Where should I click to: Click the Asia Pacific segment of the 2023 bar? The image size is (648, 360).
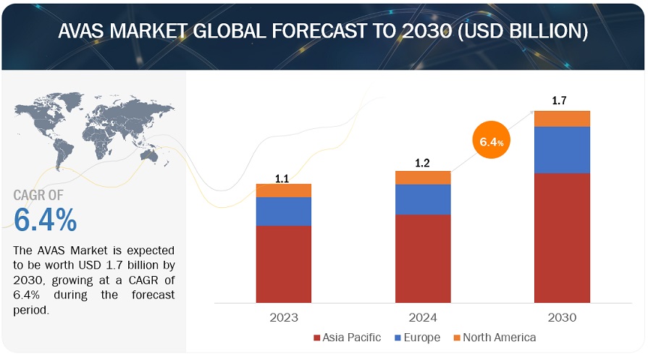coord(284,264)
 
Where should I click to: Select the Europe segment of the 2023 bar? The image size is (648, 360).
coord(284,211)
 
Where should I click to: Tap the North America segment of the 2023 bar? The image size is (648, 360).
coord(284,191)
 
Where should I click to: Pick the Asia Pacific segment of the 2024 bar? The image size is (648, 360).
coord(423,258)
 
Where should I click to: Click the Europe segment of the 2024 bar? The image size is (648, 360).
coord(423,199)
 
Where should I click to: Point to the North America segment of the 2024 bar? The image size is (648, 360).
coord(423,177)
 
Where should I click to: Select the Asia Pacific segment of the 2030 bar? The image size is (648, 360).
coord(563,238)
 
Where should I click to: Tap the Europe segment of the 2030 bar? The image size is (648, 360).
coord(563,150)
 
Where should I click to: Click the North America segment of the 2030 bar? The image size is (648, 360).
coord(563,119)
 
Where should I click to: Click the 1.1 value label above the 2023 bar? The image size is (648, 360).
coord(284,177)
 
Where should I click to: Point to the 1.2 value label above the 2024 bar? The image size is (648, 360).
coord(423,164)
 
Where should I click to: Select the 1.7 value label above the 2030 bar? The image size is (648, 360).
coord(560,101)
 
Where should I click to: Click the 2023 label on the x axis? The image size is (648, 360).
coord(283,317)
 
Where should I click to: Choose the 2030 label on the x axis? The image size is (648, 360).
coord(563,317)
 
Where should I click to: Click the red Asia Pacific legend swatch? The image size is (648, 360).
coord(317,338)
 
